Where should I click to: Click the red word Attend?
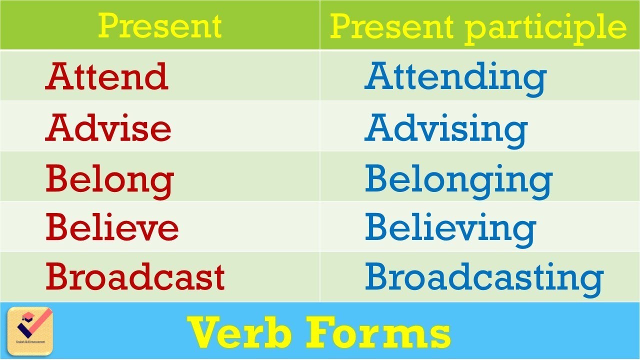(x=106, y=77)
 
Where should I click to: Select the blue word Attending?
(x=455, y=78)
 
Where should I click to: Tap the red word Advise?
(x=108, y=127)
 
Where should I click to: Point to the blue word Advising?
(x=445, y=129)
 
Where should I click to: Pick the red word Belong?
(x=109, y=179)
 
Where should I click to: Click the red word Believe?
(x=112, y=227)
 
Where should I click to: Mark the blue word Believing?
(x=450, y=228)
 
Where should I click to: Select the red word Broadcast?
(x=135, y=277)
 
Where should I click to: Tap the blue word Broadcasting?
(x=484, y=278)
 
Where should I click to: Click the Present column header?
(x=159, y=26)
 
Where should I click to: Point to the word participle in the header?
(x=545, y=27)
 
